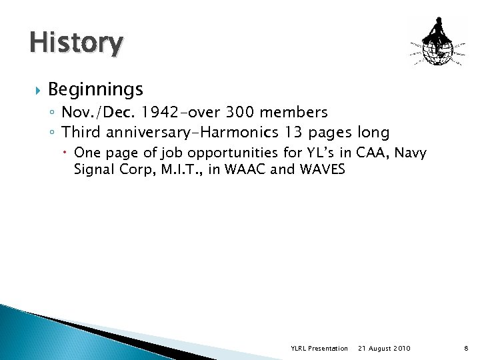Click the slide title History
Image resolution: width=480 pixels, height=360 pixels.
pyautogui.click(x=76, y=43)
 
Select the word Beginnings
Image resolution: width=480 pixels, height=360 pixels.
pyautogui.click(x=95, y=89)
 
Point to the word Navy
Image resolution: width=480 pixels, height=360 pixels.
pyautogui.click(x=429, y=153)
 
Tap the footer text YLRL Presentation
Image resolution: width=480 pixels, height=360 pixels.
pyautogui.click(x=319, y=349)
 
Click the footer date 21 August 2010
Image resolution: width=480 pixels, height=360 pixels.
pyautogui.click(x=385, y=349)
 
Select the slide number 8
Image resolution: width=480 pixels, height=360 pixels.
pyautogui.click(x=465, y=349)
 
